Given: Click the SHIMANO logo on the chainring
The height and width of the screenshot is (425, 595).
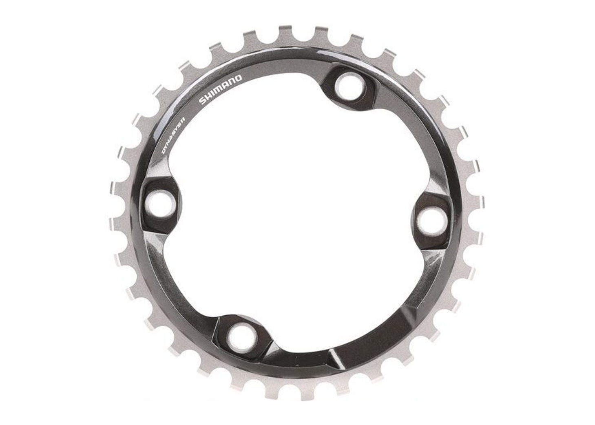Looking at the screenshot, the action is [221, 90].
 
